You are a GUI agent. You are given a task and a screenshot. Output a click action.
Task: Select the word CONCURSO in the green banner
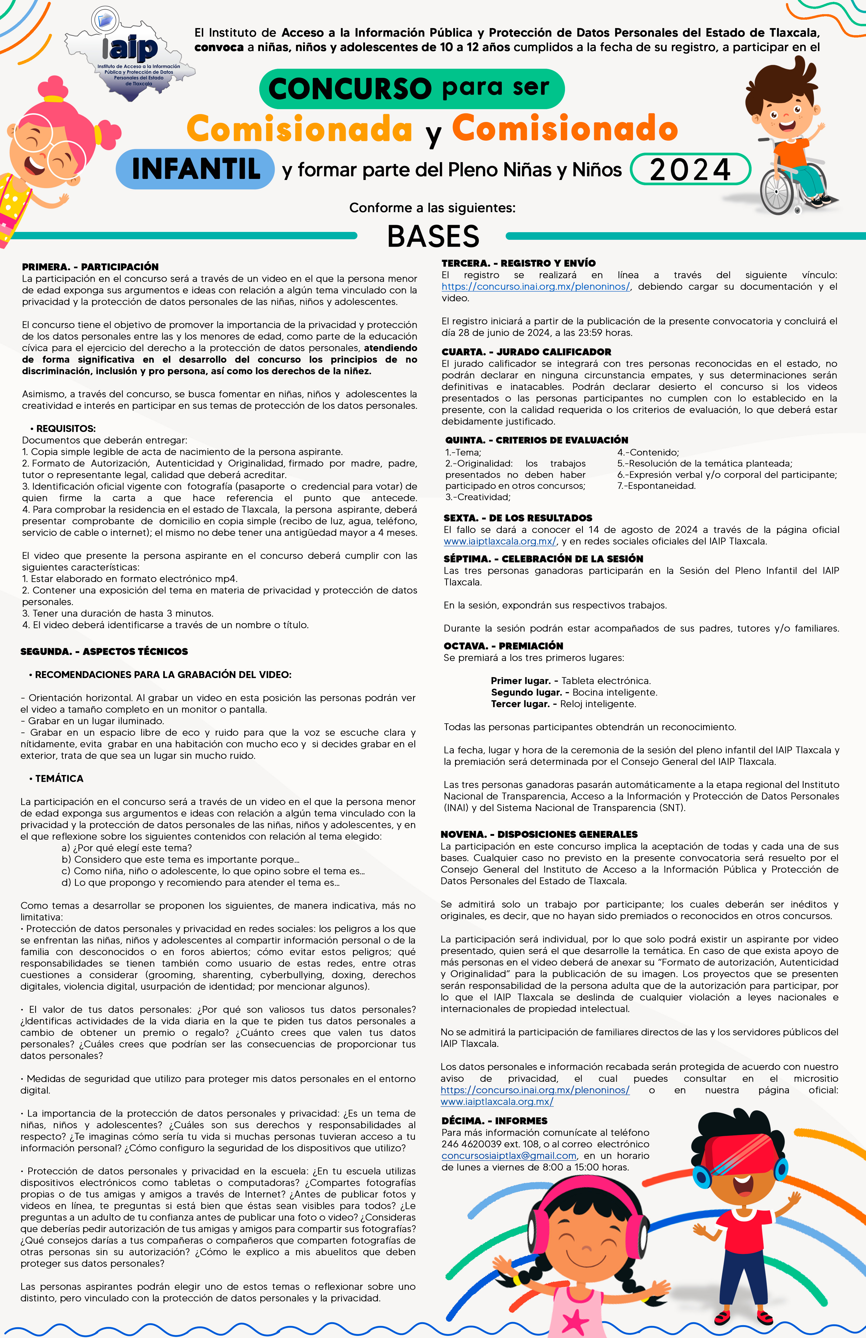[x=350, y=88]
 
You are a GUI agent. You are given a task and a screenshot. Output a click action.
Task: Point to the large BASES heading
[x=433, y=236]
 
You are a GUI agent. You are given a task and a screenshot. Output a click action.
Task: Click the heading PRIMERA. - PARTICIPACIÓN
[x=90, y=267]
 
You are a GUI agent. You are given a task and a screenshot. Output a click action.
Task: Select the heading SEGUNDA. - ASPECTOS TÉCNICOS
[x=104, y=651]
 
